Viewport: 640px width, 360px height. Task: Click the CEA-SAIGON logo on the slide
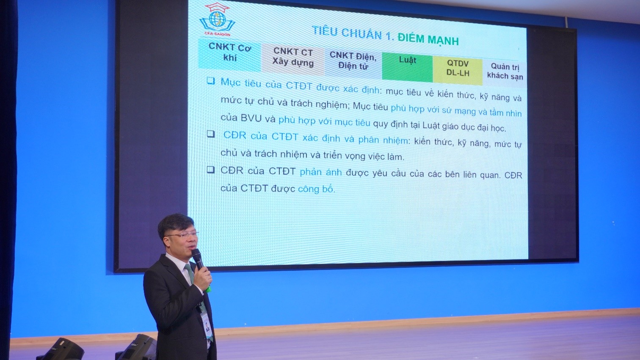(217, 19)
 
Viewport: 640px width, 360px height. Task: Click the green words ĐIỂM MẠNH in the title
(428, 39)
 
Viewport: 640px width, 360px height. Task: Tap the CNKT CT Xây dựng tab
(293, 58)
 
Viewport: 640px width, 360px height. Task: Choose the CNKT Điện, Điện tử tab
(353, 62)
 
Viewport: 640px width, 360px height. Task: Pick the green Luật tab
(408, 67)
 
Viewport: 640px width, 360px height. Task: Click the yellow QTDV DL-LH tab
(458, 70)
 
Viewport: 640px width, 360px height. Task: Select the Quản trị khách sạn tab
(505, 72)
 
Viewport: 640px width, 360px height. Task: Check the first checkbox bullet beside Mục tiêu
(210, 81)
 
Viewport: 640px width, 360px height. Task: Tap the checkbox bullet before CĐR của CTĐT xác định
(210, 134)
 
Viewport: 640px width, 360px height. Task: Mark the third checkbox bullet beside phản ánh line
(210, 170)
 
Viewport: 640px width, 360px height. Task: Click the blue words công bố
(316, 189)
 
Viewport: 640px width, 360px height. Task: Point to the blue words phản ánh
(320, 172)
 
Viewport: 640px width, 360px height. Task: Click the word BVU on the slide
(251, 118)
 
